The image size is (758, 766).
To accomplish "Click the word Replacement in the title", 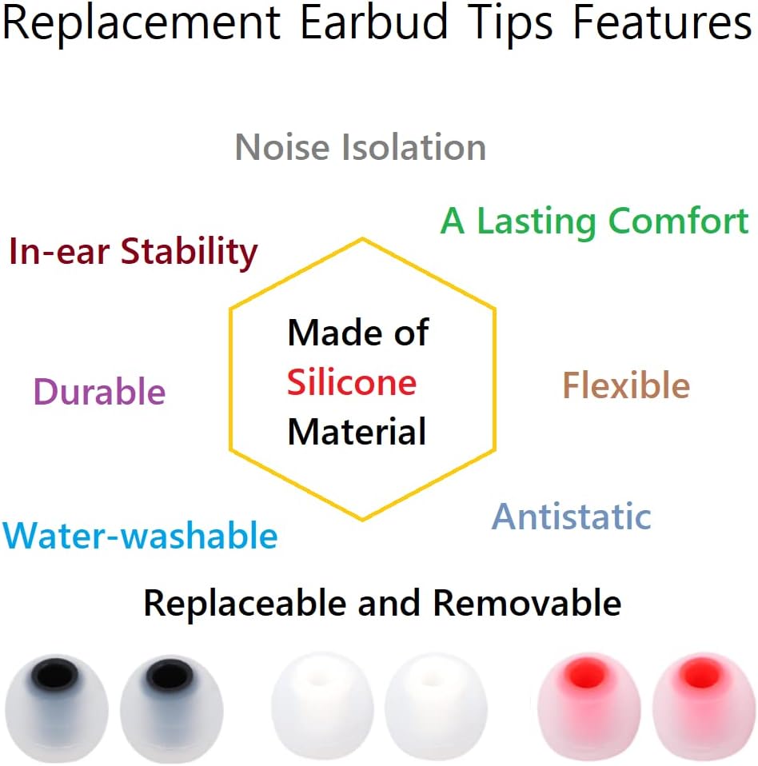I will (x=141, y=24).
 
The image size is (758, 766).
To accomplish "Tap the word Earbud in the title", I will (x=373, y=24).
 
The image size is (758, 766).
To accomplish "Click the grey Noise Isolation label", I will (x=361, y=148).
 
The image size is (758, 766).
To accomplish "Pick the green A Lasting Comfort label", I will (x=595, y=221).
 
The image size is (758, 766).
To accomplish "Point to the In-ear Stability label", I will (x=134, y=252).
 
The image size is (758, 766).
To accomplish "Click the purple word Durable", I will (x=100, y=392).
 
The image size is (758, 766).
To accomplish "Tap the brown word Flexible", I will (x=626, y=386).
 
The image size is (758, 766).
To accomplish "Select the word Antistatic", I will (x=571, y=517).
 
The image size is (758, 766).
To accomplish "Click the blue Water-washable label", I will (x=141, y=535).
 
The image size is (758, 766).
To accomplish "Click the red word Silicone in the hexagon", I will (x=352, y=382).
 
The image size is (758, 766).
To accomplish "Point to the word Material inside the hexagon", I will (x=357, y=432).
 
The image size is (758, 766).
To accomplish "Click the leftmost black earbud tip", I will (x=57, y=707).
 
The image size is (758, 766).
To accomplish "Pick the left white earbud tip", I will (x=320, y=708).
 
